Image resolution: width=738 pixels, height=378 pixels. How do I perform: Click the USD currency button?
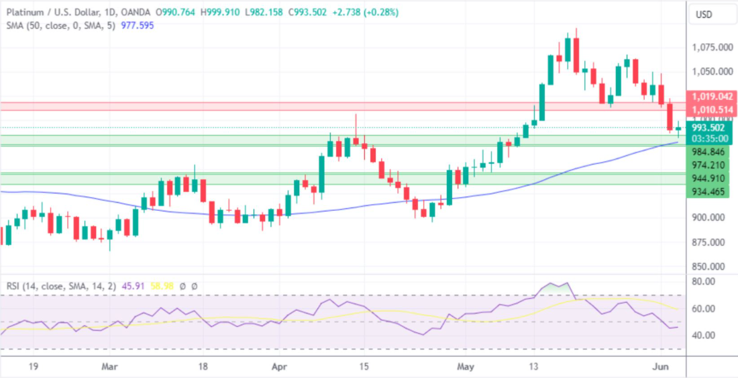tap(704, 15)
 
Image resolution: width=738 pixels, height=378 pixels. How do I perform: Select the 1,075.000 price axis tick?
tap(712, 48)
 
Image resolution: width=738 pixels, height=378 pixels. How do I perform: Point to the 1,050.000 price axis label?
tap(712, 72)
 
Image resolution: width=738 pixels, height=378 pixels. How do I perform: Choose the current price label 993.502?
tap(708, 128)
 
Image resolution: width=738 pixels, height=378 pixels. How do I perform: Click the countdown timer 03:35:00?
tap(708, 138)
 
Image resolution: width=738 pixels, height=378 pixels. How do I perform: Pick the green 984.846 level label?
tap(708, 152)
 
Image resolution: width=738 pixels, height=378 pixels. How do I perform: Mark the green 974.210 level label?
tap(708, 165)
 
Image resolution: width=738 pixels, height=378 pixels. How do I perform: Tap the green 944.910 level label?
tap(708, 179)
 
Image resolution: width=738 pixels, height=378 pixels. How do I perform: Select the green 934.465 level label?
tap(708, 192)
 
